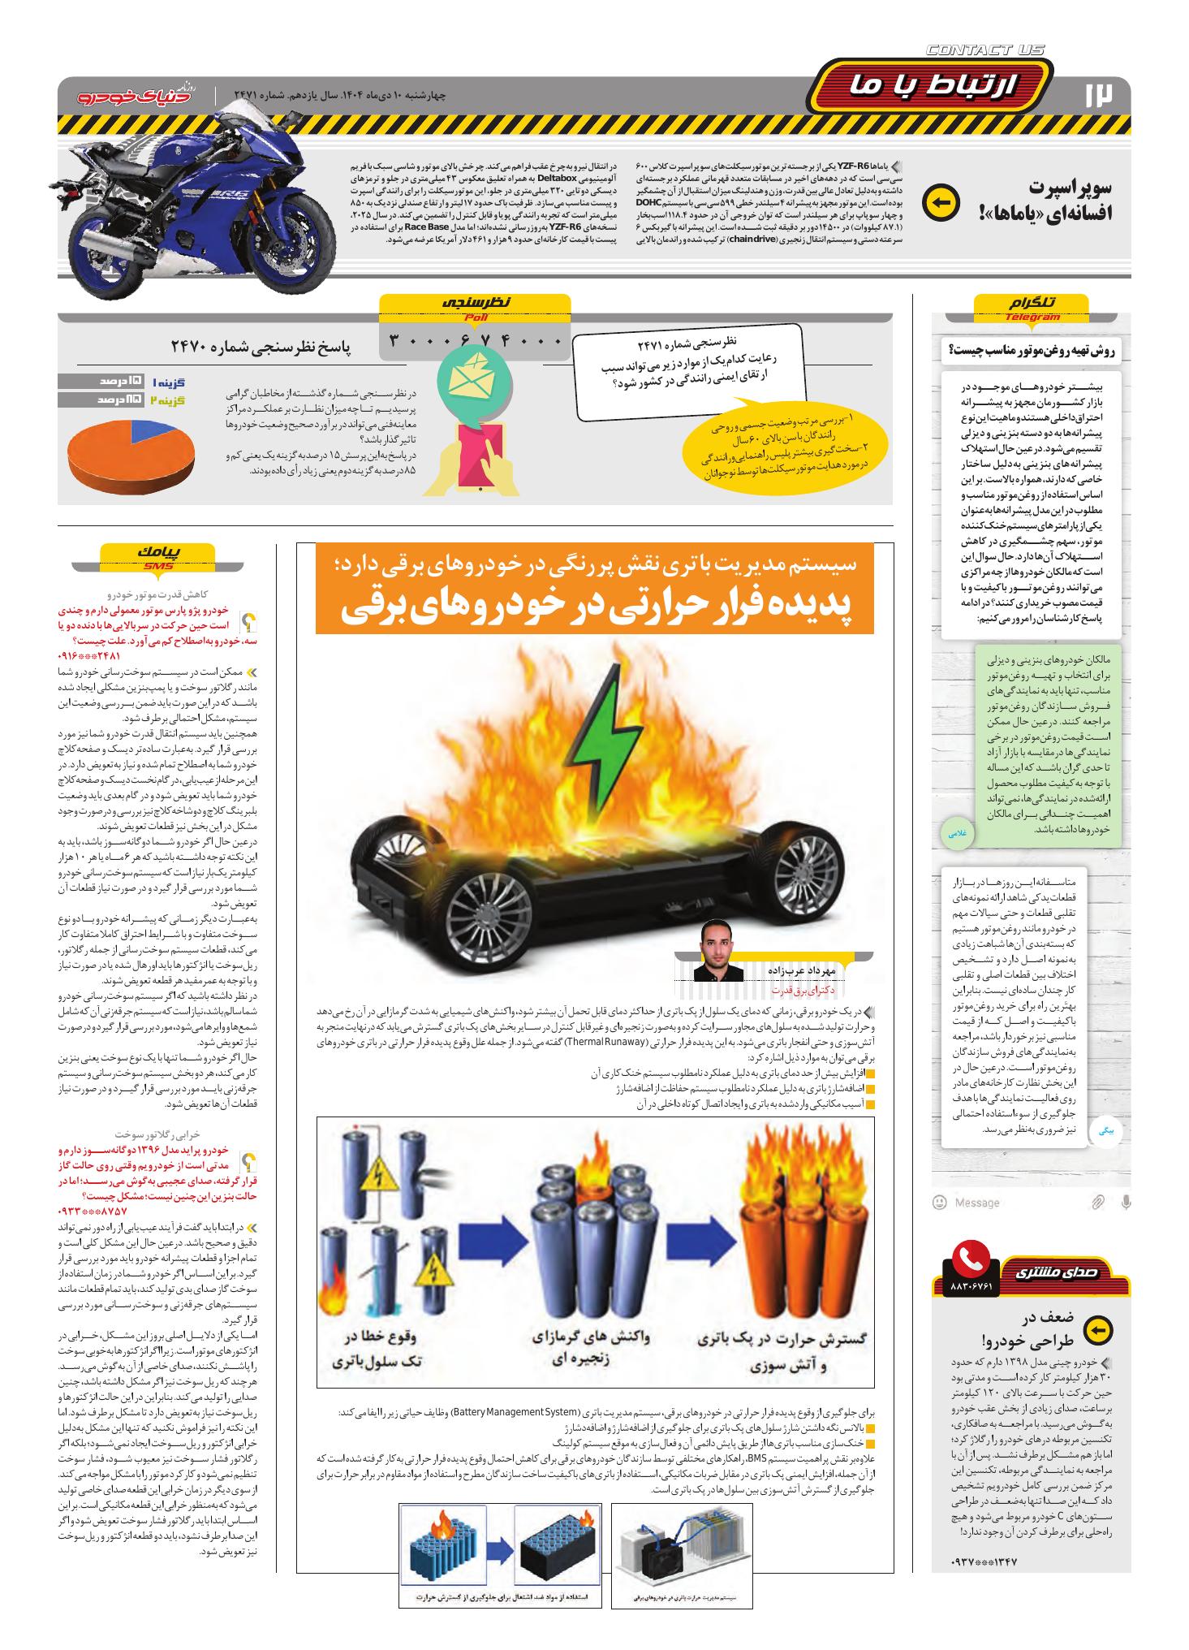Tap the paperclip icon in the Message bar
click(x=1097, y=1202)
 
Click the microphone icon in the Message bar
click(x=1125, y=1201)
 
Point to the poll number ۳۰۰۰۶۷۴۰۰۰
click(x=476, y=340)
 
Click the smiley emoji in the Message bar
click(x=940, y=1202)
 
